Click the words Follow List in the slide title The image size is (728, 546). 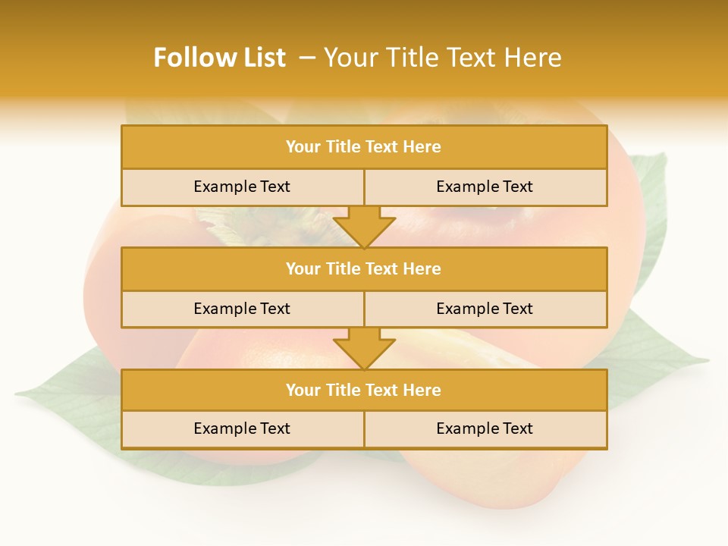[219, 58]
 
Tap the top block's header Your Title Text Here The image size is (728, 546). [363, 147]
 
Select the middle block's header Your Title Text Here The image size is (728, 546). [363, 268]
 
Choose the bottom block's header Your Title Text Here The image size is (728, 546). [363, 390]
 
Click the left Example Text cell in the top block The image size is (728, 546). [242, 187]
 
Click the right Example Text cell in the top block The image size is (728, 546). [485, 187]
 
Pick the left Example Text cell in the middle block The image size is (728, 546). [242, 309]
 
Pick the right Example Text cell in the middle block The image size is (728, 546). [485, 309]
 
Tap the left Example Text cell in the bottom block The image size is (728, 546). [242, 428]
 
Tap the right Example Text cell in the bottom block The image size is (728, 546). [485, 428]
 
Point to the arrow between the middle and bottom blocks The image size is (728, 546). [364, 348]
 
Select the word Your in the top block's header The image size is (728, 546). [303, 147]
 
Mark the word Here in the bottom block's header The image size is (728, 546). [422, 390]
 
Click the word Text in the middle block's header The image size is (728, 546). [383, 268]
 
